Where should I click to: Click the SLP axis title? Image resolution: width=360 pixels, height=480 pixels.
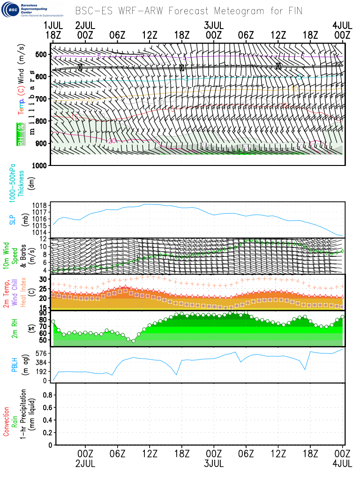(13, 219)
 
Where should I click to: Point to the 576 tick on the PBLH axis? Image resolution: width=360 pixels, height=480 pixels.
(42, 353)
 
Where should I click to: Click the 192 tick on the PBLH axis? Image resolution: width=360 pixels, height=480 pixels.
(42, 371)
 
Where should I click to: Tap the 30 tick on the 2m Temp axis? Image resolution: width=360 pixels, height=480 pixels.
(44, 279)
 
